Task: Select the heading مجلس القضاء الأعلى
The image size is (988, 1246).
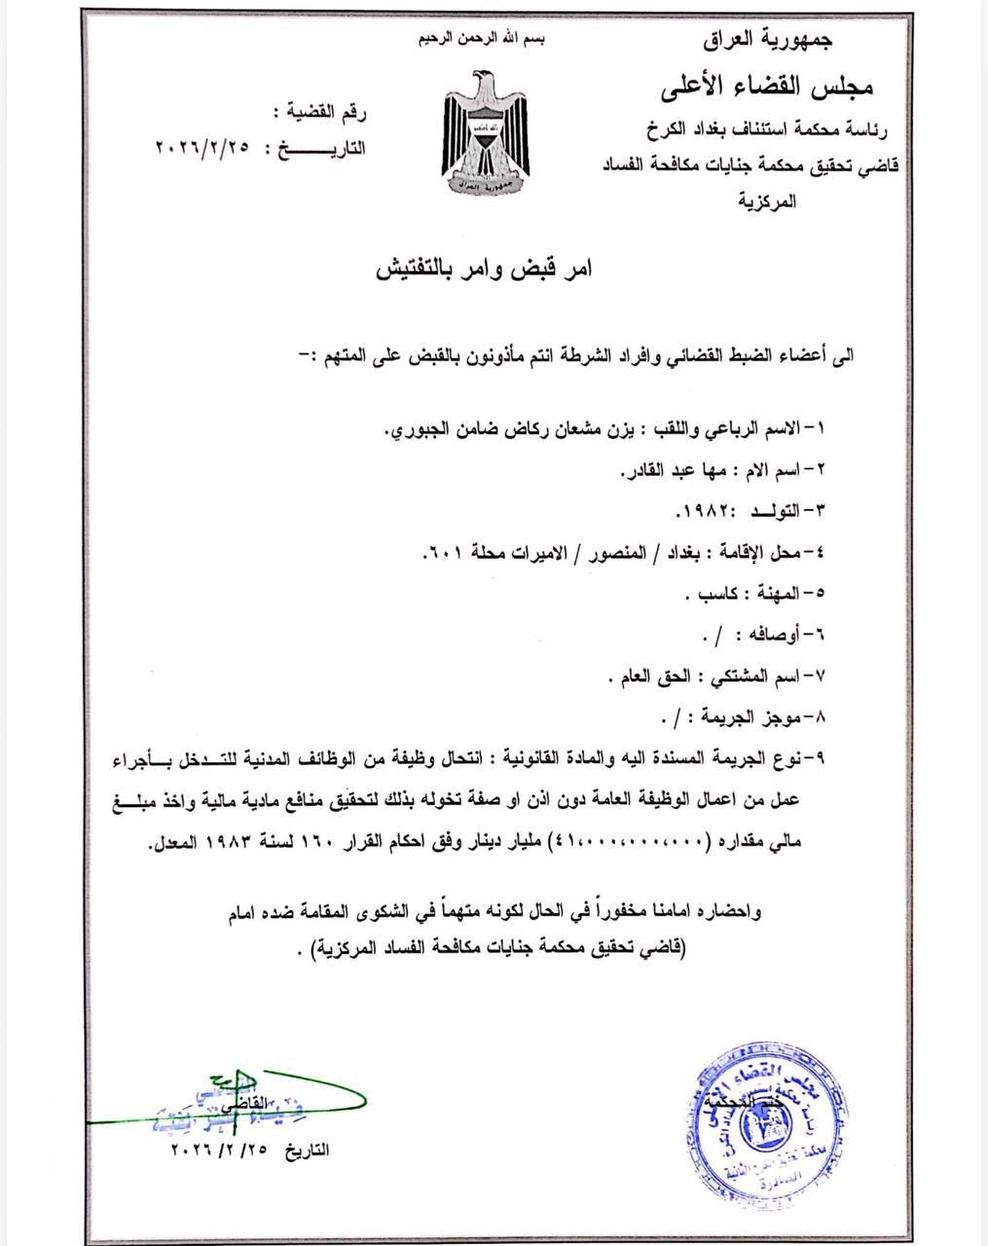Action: coord(769,87)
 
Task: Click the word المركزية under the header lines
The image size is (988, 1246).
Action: coord(768,202)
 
